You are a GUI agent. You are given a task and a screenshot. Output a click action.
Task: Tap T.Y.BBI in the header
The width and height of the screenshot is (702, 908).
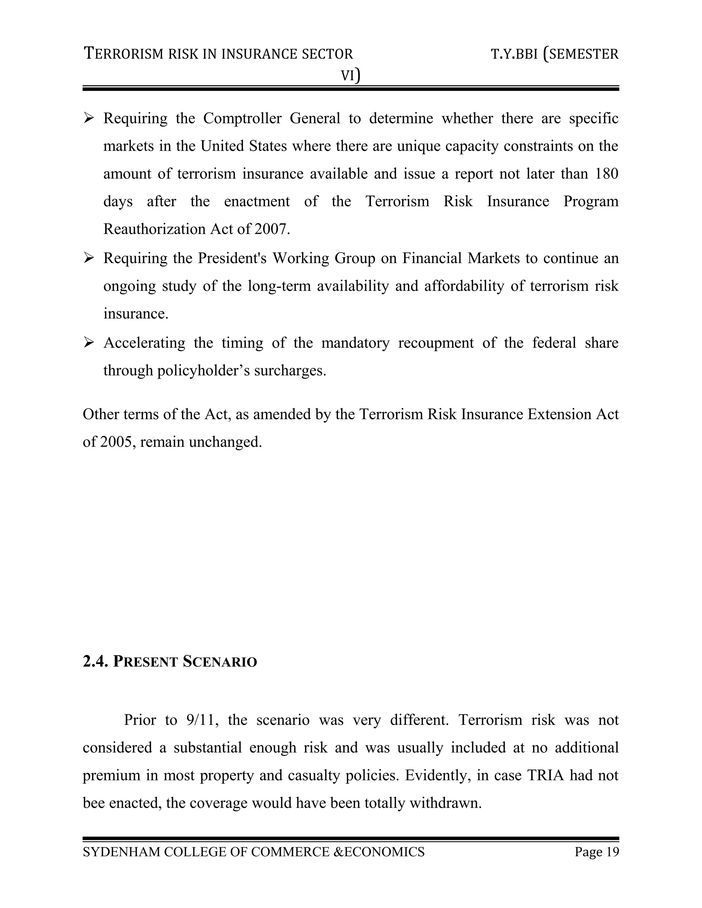(x=515, y=54)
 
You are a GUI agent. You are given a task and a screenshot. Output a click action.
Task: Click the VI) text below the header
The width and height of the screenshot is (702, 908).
(x=351, y=75)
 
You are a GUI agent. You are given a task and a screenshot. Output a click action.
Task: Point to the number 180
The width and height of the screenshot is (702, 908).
(x=606, y=174)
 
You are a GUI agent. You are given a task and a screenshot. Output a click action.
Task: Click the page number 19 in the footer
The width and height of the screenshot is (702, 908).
(x=612, y=852)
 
